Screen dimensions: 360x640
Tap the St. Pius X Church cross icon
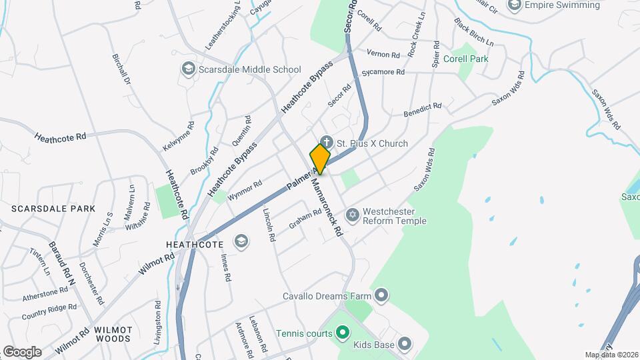[x=326, y=141]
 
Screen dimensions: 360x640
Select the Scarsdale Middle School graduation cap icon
[x=189, y=69]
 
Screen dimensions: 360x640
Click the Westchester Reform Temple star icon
[x=353, y=215]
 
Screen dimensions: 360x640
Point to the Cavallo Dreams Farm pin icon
[x=381, y=294]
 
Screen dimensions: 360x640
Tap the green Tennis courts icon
[x=342, y=331]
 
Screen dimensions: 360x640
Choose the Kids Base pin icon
[x=404, y=344]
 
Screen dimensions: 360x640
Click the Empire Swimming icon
[x=515, y=5]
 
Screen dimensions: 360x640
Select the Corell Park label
[x=470, y=59]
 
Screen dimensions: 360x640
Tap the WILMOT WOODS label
[x=113, y=334]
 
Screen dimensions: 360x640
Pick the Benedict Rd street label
[x=423, y=110]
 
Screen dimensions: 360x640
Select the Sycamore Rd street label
[x=383, y=73]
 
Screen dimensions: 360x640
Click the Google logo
[x=22, y=351]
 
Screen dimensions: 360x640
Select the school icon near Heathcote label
[x=241, y=241]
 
